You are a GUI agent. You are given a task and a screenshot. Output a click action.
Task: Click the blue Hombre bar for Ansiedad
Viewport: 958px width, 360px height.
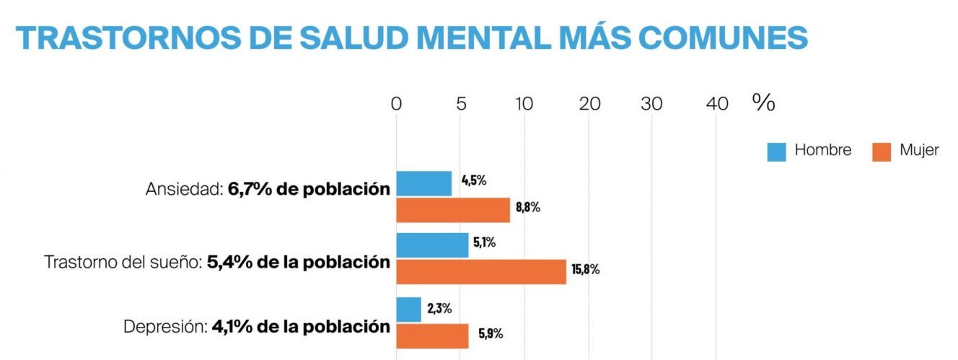click(424, 183)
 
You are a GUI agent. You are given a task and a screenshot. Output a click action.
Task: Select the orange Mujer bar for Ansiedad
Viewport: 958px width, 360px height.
click(453, 209)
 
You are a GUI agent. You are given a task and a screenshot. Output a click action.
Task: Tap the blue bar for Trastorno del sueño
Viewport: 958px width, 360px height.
click(432, 245)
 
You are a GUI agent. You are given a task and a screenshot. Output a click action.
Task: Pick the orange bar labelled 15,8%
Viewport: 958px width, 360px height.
click(481, 271)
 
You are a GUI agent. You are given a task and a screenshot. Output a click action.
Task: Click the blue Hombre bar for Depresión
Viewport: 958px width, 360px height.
click(408, 309)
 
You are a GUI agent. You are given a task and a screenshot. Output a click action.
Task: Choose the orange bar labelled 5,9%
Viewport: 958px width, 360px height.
click(432, 336)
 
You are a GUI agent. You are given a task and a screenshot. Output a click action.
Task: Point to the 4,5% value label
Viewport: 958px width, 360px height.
click(474, 180)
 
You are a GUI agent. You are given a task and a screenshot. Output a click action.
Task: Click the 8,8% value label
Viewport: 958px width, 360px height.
click(527, 208)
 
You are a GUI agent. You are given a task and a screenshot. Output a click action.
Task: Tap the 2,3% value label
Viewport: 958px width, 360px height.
click(439, 308)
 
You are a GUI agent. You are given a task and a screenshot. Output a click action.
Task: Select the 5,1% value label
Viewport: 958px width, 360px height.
click(484, 243)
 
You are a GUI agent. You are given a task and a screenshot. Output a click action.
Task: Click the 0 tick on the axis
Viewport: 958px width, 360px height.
click(396, 104)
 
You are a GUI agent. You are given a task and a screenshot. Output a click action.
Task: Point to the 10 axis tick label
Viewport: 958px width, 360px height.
click(524, 104)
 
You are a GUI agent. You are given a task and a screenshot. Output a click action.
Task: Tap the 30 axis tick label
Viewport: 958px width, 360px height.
click(652, 104)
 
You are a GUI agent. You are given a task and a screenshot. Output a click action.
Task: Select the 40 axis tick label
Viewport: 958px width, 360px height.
click(716, 104)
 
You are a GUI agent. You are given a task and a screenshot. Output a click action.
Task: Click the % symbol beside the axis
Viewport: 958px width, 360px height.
click(763, 102)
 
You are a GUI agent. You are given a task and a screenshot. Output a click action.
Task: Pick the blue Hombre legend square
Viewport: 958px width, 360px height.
click(776, 152)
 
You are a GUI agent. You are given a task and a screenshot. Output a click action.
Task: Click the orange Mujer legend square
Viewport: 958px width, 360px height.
click(881, 152)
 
